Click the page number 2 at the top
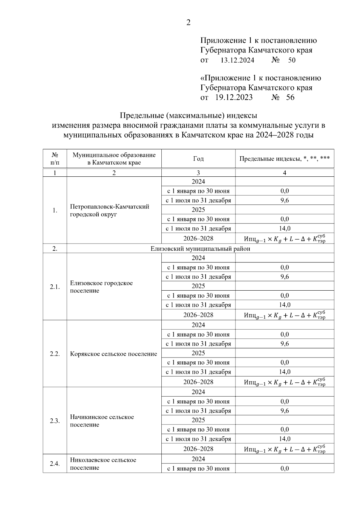click(x=188, y=22)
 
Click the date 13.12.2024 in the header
click(x=237, y=60)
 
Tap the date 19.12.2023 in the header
click(x=234, y=97)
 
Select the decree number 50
click(x=292, y=60)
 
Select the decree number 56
click(x=290, y=97)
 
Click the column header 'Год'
click(x=198, y=159)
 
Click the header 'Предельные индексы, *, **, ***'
click(x=284, y=159)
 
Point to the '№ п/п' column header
click(x=55, y=159)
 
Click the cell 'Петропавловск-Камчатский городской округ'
click(x=109, y=211)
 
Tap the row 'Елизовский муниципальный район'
click(x=200, y=249)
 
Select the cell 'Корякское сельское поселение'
click(x=113, y=354)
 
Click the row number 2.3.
click(x=55, y=421)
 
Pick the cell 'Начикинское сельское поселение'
click(x=102, y=421)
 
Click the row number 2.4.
click(x=55, y=464)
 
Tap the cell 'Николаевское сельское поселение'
click(x=103, y=464)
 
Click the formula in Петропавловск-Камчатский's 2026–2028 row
click(x=284, y=239)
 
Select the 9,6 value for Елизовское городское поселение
click(x=284, y=277)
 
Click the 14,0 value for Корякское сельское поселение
click(x=284, y=372)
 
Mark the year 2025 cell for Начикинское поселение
click(x=198, y=420)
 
